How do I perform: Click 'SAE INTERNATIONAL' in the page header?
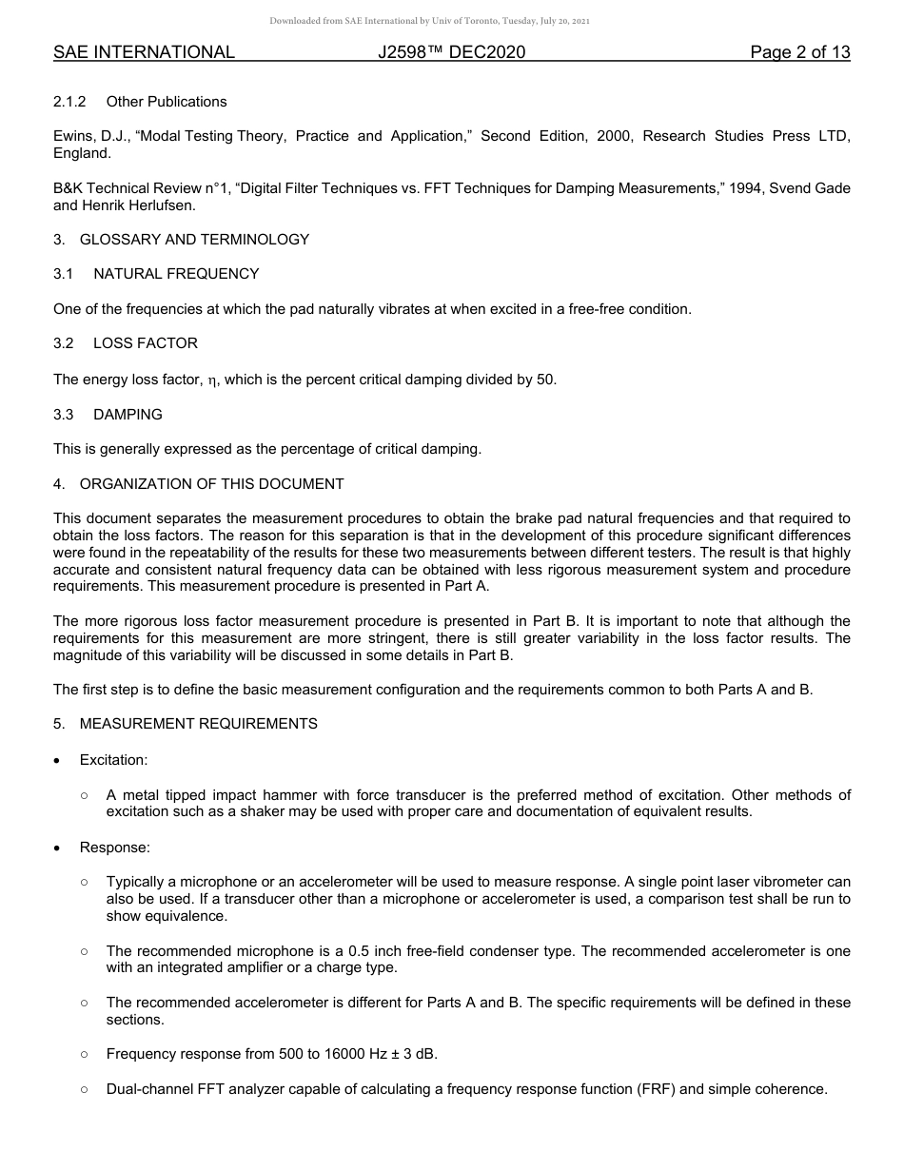click(144, 52)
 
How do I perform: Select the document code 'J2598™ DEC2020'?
click(451, 52)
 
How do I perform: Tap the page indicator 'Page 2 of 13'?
click(799, 52)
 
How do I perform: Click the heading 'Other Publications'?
click(167, 102)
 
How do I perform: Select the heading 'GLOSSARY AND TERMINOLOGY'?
click(194, 240)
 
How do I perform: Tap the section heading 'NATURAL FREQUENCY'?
click(176, 274)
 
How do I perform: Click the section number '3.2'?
click(64, 343)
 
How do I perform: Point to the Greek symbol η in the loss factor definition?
click(213, 380)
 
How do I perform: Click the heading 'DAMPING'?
click(128, 415)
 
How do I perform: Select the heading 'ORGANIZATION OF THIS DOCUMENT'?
click(211, 484)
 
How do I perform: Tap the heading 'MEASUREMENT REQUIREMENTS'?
click(198, 724)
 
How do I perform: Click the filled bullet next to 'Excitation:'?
click(59, 761)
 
